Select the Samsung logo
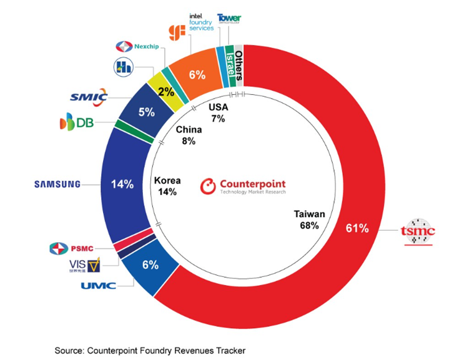pyautogui.click(x=57, y=184)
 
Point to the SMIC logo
pyautogui.click(x=89, y=97)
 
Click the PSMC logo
pyautogui.click(x=71, y=249)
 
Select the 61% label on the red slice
pyautogui.click(x=356, y=228)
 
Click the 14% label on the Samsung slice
pyautogui.click(x=122, y=184)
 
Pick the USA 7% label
pyautogui.click(x=218, y=112)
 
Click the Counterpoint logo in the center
pyautogui.click(x=243, y=187)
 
